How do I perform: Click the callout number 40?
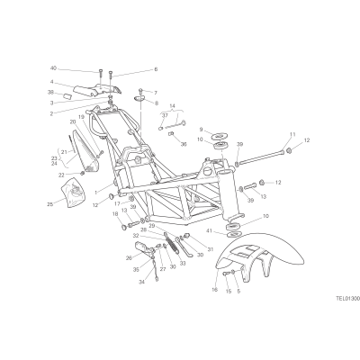53,68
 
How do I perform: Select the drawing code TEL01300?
347,299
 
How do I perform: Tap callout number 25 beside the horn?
49,204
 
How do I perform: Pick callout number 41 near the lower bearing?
209,230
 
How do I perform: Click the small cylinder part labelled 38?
67,97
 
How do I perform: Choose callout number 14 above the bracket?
172,106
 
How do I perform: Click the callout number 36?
184,144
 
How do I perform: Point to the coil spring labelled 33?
173,243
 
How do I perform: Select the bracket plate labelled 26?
143,247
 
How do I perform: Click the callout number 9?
201,130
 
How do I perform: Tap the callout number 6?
156,69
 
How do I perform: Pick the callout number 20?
73,121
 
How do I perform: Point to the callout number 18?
115,214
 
